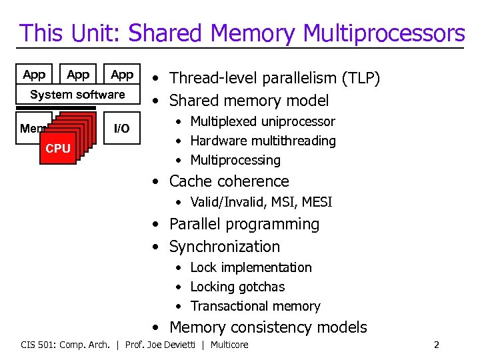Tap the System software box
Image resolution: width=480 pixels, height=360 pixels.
coord(77,95)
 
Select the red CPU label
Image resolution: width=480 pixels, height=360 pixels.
coord(58,148)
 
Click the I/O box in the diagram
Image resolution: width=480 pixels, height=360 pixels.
coord(122,128)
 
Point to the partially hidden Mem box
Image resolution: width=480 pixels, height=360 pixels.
coord(31,128)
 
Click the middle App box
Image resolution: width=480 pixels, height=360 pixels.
coord(78,75)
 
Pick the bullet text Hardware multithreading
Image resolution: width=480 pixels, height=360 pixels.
coord(263,141)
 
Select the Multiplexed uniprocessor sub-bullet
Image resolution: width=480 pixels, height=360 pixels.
coord(262,121)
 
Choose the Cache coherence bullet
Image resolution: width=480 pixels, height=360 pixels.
coord(229,181)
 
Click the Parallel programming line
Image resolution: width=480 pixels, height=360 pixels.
coord(244,225)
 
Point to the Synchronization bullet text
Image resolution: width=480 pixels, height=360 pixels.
coord(224,247)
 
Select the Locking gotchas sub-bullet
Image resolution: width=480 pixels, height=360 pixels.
coord(237,287)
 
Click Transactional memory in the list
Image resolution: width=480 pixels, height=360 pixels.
coord(255,307)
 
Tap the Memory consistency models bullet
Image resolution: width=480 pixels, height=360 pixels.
coord(268,327)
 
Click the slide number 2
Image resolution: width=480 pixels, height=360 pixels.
coord(436,345)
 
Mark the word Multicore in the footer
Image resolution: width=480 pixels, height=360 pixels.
coord(229,345)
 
